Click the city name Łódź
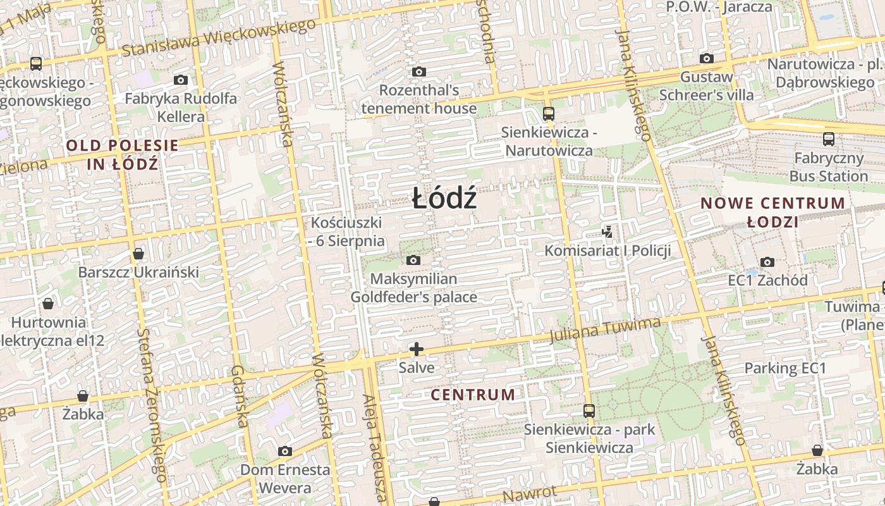[x=444, y=199]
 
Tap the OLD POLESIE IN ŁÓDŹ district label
[x=122, y=154]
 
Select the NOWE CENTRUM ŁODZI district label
[x=772, y=213]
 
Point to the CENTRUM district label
[x=473, y=395]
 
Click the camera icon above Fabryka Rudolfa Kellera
[x=181, y=80]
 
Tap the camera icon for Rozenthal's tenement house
[x=418, y=72]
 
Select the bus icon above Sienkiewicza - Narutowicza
[x=549, y=114]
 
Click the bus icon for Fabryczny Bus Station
[x=828, y=139]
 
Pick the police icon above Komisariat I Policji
[x=607, y=232]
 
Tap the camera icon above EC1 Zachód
[x=767, y=262]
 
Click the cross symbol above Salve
[x=417, y=349]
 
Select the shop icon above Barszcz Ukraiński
[x=138, y=254]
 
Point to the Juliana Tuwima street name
[x=605, y=331]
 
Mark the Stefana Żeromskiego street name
[x=152, y=405]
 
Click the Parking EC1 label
[x=785, y=368]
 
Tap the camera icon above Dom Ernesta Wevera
[x=285, y=452]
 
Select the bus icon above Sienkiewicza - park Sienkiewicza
[x=589, y=411]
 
